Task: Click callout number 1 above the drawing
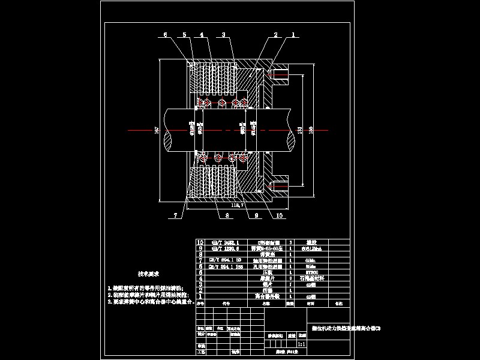point(293,35)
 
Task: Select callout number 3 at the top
point(223,35)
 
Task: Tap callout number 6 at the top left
point(166,35)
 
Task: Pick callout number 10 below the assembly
point(279,214)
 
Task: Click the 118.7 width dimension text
point(238,205)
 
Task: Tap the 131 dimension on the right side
point(298,130)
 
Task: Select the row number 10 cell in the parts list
point(201,242)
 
